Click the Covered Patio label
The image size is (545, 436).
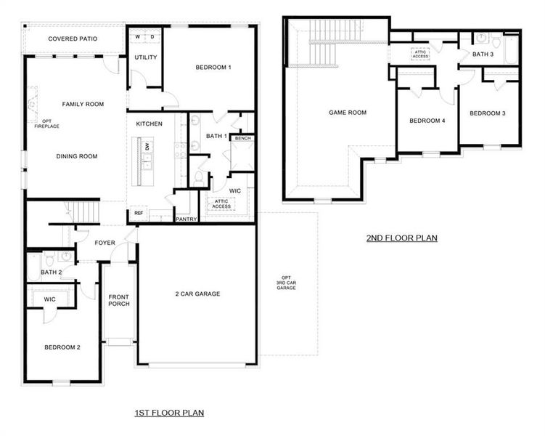(x=73, y=39)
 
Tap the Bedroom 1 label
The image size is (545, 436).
(x=213, y=68)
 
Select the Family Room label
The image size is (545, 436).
(x=82, y=104)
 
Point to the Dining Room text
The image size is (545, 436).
(x=77, y=156)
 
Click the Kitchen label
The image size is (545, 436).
(x=149, y=124)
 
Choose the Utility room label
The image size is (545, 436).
(x=145, y=57)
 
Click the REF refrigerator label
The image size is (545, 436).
(x=139, y=213)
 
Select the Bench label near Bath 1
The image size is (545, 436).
(x=242, y=138)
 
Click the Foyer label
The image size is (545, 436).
(x=105, y=243)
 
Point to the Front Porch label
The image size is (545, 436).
(x=119, y=300)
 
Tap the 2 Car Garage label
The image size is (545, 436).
(x=197, y=294)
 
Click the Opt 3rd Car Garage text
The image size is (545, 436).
(x=287, y=283)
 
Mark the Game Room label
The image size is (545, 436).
(x=348, y=113)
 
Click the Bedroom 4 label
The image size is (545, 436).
(x=427, y=121)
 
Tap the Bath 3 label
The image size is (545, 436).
(x=483, y=54)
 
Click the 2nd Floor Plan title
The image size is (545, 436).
(x=401, y=238)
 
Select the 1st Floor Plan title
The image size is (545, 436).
(x=169, y=413)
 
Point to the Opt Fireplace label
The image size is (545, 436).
(x=46, y=124)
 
